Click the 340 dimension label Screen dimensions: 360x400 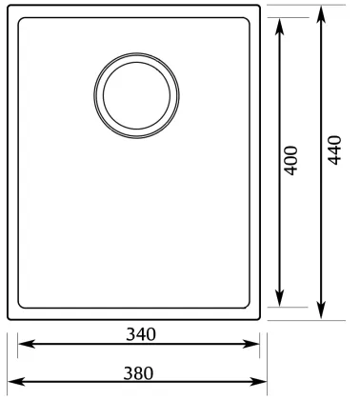[141, 334]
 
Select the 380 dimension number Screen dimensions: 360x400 [138, 373]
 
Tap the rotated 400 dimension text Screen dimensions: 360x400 [291, 160]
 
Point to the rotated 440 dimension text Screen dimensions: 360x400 [334, 150]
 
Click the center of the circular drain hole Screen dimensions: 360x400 [136, 95]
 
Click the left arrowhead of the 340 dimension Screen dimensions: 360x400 [27, 344]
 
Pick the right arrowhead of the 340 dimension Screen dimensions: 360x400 [251, 344]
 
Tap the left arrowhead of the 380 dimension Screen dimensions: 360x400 [16, 381]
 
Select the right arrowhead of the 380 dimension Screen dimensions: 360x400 [258, 381]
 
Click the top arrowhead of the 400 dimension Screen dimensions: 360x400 [279, 27]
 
